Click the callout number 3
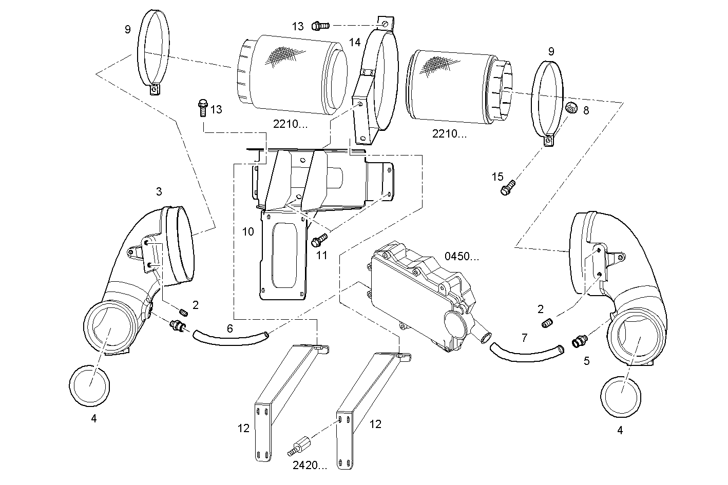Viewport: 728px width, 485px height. click(159, 191)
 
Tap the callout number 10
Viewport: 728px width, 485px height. click(248, 232)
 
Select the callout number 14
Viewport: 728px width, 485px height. click(355, 43)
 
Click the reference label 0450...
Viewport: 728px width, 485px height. click(461, 256)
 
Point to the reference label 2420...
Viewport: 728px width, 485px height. click(310, 465)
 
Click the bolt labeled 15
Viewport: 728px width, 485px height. click(507, 188)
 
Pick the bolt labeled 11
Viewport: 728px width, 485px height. click(319, 239)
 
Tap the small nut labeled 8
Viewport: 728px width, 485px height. click(570, 108)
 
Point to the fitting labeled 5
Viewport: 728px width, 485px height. click(580, 341)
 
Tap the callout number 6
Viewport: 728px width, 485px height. click(230, 328)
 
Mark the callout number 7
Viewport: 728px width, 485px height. click(524, 338)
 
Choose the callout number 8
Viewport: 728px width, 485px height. click(586, 110)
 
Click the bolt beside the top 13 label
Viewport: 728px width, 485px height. click(321, 24)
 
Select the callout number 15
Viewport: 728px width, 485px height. click(497, 177)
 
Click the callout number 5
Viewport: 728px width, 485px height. click(586, 361)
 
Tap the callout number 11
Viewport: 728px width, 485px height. click(321, 255)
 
